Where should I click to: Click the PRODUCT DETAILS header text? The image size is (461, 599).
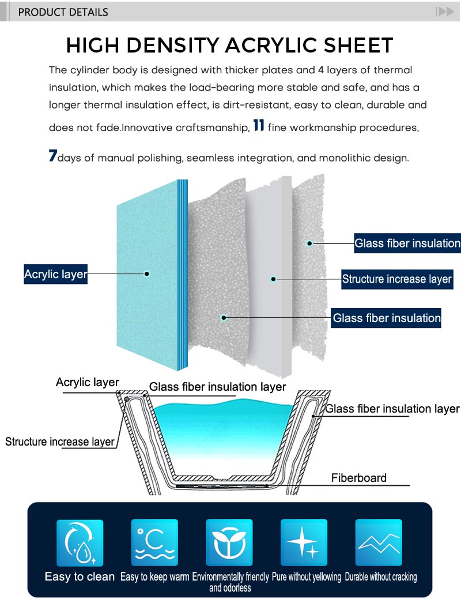tap(63, 12)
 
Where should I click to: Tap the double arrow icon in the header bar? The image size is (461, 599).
tap(444, 12)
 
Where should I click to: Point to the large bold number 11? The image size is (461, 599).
tap(259, 126)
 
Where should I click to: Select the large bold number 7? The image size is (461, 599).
tap(53, 156)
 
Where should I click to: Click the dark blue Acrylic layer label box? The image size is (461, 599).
tap(55, 274)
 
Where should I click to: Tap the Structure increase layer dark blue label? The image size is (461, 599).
tap(396, 279)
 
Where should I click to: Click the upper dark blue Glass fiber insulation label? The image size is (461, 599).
tap(407, 244)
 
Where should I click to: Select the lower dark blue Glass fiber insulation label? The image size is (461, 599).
tap(386, 318)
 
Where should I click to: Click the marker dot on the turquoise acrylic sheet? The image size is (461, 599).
tap(147, 274)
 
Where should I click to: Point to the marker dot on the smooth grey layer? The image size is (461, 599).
tap(274, 279)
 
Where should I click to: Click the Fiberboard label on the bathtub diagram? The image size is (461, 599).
tap(358, 478)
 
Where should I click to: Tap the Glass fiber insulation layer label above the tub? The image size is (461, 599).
tap(217, 387)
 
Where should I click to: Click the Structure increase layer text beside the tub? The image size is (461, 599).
tap(60, 442)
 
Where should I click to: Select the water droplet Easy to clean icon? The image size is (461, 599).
tap(80, 542)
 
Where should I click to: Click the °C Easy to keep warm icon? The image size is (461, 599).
tap(154, 542)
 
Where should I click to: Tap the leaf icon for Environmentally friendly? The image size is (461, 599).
tap(229, 542)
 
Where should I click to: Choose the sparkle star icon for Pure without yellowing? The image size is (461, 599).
tap(304, 542)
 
